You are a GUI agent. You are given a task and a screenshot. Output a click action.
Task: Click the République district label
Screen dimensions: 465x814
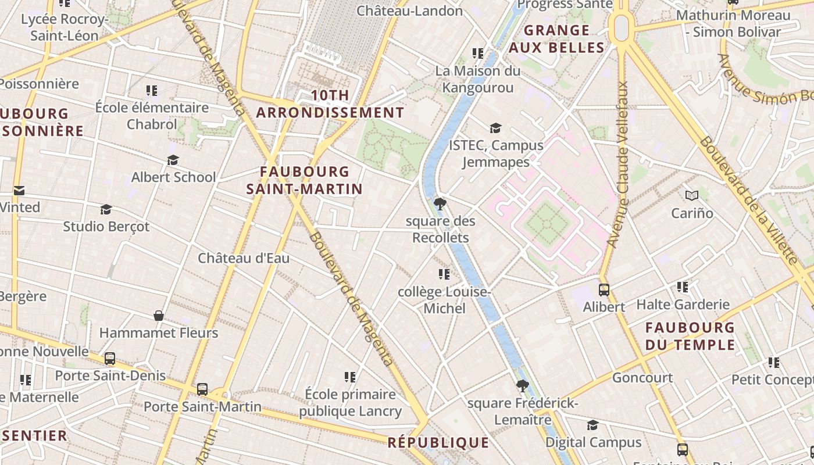(438, 442)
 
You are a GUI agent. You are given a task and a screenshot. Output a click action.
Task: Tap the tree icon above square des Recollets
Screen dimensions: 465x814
(440, 204)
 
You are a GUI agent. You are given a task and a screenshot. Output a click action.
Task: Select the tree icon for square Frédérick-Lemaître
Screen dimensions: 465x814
(522, 385)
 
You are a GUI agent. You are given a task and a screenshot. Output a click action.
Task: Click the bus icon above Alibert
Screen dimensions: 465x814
(604, 289)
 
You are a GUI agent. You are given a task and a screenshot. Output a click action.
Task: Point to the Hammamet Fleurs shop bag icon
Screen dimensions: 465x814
(158, 316)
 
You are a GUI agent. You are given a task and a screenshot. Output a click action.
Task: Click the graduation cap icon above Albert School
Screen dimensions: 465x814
(173, 160)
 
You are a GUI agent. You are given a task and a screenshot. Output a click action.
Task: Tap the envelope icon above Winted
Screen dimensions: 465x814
(19, 190)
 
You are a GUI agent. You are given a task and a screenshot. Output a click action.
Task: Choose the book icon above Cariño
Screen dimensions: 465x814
(691, 196)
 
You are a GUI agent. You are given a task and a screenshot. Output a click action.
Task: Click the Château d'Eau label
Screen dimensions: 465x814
(244, 258)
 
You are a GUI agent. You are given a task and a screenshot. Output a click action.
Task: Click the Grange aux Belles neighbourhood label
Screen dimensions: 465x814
(557, 39)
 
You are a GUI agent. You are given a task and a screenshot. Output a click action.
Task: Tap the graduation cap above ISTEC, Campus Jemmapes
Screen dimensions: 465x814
(495, 128)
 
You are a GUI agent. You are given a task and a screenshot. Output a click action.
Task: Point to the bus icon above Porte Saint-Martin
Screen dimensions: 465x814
(202, 389)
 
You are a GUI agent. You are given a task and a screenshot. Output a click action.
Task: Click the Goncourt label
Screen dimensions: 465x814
(642, 378)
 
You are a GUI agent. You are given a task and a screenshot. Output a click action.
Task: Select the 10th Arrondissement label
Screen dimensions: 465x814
(330, 104)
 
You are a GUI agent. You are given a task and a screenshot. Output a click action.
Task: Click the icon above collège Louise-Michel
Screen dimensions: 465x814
(444, 274)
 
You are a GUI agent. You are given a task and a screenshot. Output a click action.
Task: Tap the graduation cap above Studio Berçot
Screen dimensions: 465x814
(106, 209)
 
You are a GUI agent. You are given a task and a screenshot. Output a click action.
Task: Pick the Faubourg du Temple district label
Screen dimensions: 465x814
(690, 336)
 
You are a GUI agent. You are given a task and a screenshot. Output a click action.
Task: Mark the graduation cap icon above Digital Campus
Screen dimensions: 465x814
(592, 425)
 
